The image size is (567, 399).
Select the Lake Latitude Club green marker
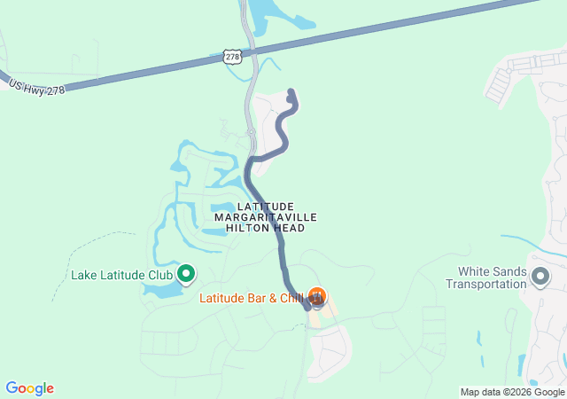click(187, 274)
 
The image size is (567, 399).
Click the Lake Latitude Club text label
click(121, 275)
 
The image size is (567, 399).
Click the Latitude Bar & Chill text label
click(252, 298)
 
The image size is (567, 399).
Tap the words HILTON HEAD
click(266, 228)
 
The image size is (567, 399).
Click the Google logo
click(29, 388)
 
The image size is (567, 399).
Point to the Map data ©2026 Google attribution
click(511, 392)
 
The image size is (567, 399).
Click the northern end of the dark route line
click(291, 92)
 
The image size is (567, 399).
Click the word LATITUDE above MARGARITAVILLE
click(266, 206)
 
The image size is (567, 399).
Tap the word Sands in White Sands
click(509, 271)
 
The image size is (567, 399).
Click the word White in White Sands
click(475, 271)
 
